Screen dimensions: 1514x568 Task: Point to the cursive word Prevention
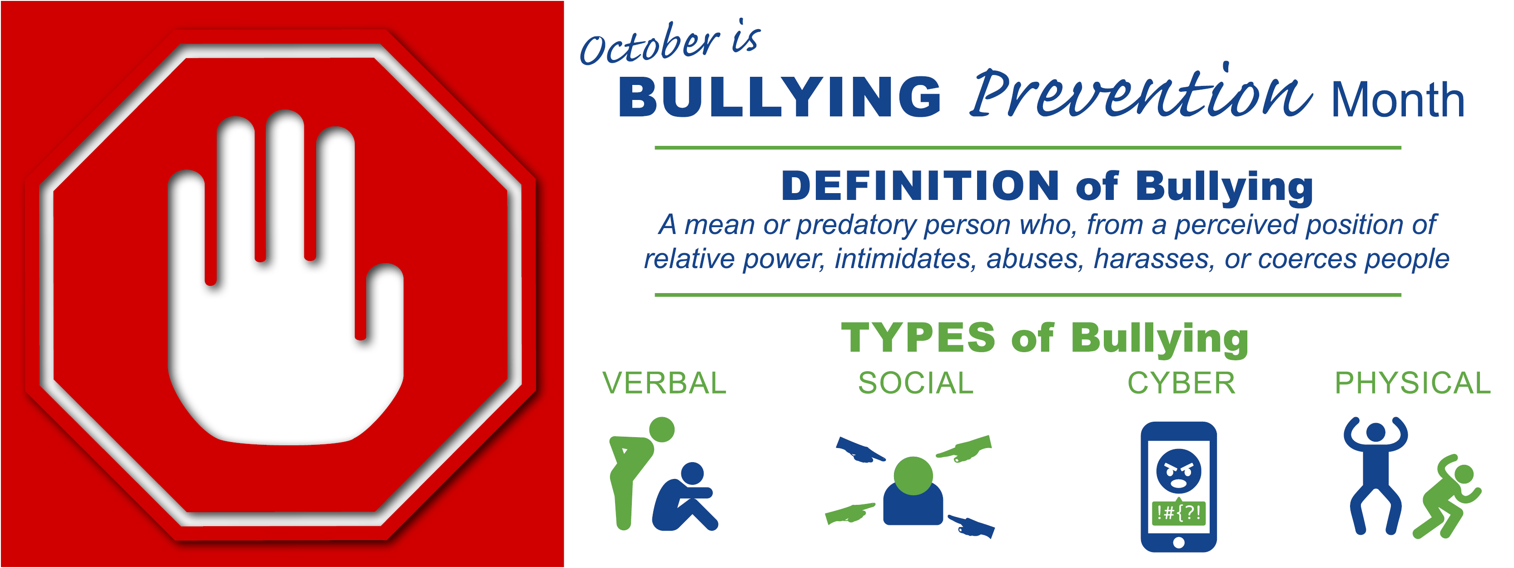1140,91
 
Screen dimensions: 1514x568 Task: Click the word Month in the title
1398,100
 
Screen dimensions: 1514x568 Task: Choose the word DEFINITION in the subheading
920,186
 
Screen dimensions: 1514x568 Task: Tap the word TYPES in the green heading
918,338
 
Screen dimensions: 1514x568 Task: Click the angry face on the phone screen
1178,471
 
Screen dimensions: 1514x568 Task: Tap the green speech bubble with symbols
1178,512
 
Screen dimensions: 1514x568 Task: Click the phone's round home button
1178,543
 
